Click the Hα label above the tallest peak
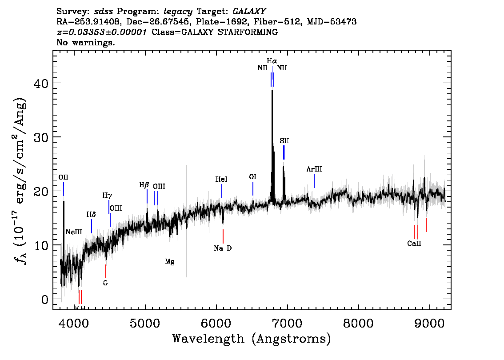click(x=272, y=61)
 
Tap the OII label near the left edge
click(x=63, y=177)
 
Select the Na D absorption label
click(x=223, y=248)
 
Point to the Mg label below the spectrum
click(x=170, y=262)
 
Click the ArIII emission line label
click(x=314, y=169)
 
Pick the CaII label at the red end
click(x=414, y=243)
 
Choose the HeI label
click(x=221, y=179)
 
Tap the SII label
click(x=284, y=141)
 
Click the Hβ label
click(x=144, y=185)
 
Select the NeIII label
click(x=74, y=232)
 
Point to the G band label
click(x=105, y=283)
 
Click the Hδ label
click(x=91, y=214)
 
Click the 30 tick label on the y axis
click(x=40, y=137)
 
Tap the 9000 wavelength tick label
click(x=429, y=323)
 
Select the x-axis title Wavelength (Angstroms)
click(x=252, y=339)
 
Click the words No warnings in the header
click(x=85, y=42)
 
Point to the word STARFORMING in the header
click(x=248, y=32)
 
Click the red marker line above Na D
click(x=223, y=236)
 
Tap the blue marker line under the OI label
click(x=253, y=188)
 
